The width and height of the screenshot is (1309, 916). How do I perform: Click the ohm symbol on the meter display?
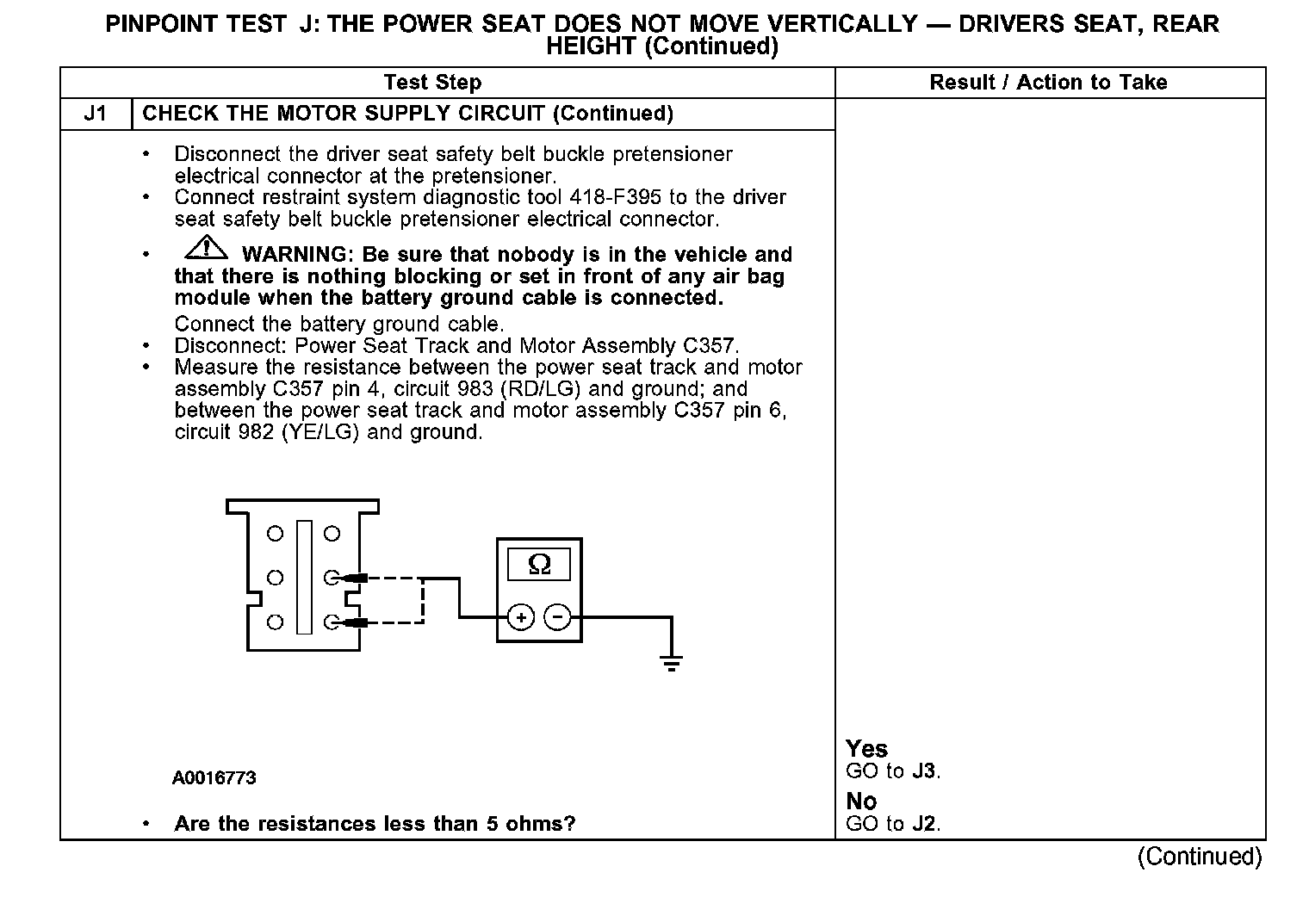coord(539,564)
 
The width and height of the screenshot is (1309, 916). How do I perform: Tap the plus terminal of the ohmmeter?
coord(520,617)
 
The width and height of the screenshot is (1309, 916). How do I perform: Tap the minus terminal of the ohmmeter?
coord(558,617)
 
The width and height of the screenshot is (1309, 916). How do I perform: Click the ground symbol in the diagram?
coord(672,662)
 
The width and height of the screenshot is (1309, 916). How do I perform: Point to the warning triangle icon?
coord(206,249)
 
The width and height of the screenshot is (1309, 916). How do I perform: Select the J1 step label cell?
coord(96,114)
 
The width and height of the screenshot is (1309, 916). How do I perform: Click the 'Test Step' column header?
coord(432,83)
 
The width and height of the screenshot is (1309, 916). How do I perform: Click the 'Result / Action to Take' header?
coord(1048,83)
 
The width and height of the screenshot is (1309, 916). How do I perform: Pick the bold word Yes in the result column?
coord(866,748)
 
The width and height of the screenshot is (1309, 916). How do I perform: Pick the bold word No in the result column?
coord(861,801)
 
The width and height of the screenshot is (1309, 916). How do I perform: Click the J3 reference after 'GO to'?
coord(924,771)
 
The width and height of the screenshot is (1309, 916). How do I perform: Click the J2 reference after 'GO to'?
coord(924,824)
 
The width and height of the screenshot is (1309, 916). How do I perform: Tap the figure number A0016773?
coord(214,778)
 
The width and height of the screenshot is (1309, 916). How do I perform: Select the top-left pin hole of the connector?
coord(275,534)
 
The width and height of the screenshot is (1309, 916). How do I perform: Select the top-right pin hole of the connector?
coord(332,534)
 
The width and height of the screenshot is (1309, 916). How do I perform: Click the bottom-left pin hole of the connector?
coord(275,622)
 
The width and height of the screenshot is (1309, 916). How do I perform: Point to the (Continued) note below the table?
coord(1200,857)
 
